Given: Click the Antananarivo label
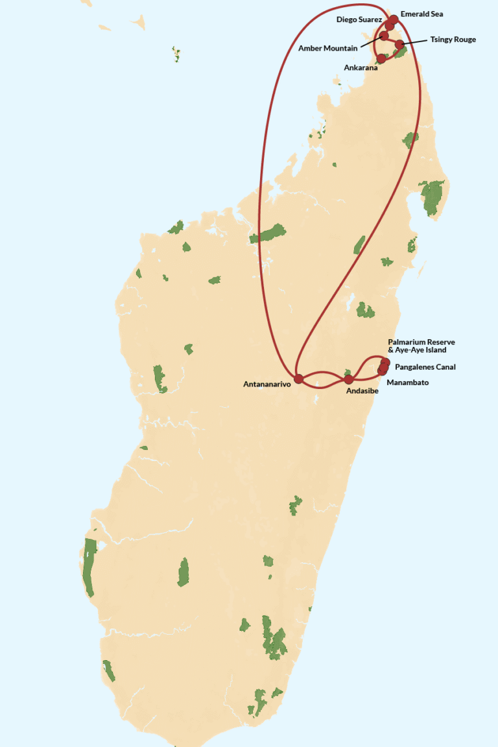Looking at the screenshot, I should pos(267,384).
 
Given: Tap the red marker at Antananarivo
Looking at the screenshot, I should pos(299,378).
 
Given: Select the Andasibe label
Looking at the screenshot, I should pos(362,391).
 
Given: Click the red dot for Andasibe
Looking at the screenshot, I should pos(349,379).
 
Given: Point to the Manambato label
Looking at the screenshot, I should pos(407,383).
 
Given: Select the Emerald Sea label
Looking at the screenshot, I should pos(421,14).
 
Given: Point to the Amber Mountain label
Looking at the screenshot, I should pos(327,48).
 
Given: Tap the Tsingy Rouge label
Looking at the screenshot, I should pos(453,40).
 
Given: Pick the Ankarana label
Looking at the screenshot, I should pos(361,67).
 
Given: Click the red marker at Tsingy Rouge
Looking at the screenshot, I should pos(400,44).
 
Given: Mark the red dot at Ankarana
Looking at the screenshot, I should pos(381,58).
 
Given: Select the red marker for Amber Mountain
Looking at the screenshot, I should pos(384,36).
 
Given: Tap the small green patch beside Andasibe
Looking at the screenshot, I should pos(348,372).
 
